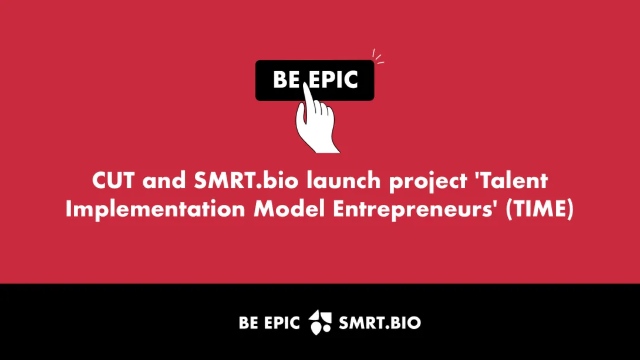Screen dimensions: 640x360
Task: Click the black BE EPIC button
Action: [x=315, y=80]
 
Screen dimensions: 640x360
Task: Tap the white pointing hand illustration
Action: [x=316, y=123]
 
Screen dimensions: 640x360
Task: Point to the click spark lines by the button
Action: [x=378, y=57]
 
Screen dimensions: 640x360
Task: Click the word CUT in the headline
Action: [x=113, y=180]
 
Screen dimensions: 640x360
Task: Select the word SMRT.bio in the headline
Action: [x=246, y=180]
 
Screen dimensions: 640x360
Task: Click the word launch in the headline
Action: [x=343, y=180]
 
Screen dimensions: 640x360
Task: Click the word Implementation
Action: [x=155, y=208]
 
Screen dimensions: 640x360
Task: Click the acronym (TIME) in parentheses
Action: [x=540, y=209]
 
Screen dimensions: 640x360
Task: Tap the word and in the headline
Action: [x=164, y=180]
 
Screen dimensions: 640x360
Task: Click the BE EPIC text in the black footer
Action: [x=270, y=323]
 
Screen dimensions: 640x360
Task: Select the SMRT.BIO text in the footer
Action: [x=379, y=323]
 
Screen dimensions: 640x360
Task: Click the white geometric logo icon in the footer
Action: [x=319, y=322]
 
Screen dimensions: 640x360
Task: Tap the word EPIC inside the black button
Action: [x=334, y=79]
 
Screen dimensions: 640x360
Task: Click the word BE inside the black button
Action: [x=287, y=79]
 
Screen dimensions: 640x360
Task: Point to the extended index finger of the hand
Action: [x=308, y=98]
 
